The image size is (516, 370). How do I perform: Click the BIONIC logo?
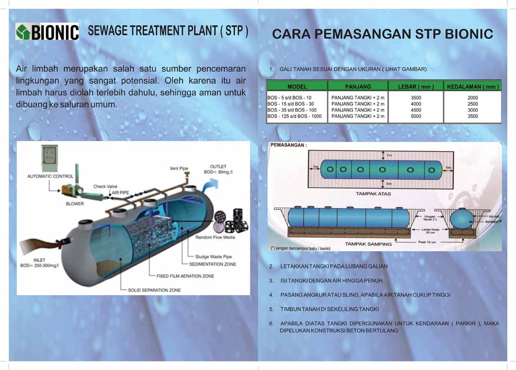(x=47, y=32)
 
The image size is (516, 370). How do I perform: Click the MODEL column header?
(x=297, y=87)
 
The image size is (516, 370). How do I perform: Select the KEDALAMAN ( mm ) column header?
(x=472, y=87)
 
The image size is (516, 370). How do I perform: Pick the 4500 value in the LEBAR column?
(x=416, y=110)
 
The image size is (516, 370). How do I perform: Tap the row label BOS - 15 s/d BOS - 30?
(x=290, y=104)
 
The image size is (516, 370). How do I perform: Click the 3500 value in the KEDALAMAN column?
(x=472, y=116)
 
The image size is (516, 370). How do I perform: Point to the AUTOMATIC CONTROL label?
(x=50, y=176)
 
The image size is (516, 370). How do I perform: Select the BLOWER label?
(x=74, y=204)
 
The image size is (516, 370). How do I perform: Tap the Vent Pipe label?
(x=179, y=168)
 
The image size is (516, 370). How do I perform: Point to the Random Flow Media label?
(x=215, y=237)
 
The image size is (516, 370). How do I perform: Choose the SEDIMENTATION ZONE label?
(x=212, y=264)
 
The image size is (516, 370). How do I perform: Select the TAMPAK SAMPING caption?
(x=368, y=244)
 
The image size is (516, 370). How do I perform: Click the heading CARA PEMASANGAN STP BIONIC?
(x=383, y=34)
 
